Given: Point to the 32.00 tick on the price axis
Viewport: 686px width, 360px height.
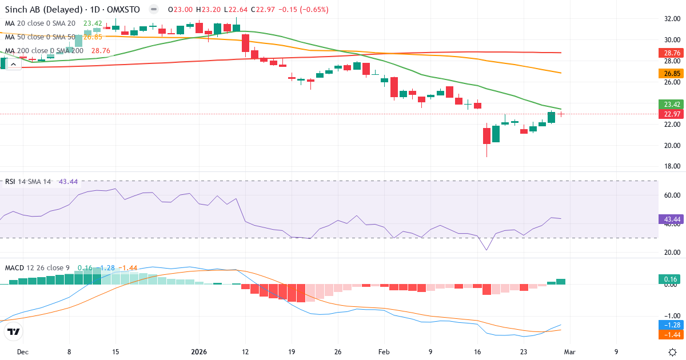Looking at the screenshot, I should [672, 18].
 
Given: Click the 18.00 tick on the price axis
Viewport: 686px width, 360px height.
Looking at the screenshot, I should [672, 166].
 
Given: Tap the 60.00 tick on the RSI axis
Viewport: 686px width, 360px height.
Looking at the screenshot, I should [672, 195].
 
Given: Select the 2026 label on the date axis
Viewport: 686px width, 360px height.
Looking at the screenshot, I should [198, 352].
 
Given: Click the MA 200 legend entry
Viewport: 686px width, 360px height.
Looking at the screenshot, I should [45, 51].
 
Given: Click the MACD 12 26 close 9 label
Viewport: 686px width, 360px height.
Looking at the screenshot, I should [38, 267].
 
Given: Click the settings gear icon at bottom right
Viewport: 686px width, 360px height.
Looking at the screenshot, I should [673, 351].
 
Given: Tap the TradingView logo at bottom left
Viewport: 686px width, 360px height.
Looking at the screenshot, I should [14, 331].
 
